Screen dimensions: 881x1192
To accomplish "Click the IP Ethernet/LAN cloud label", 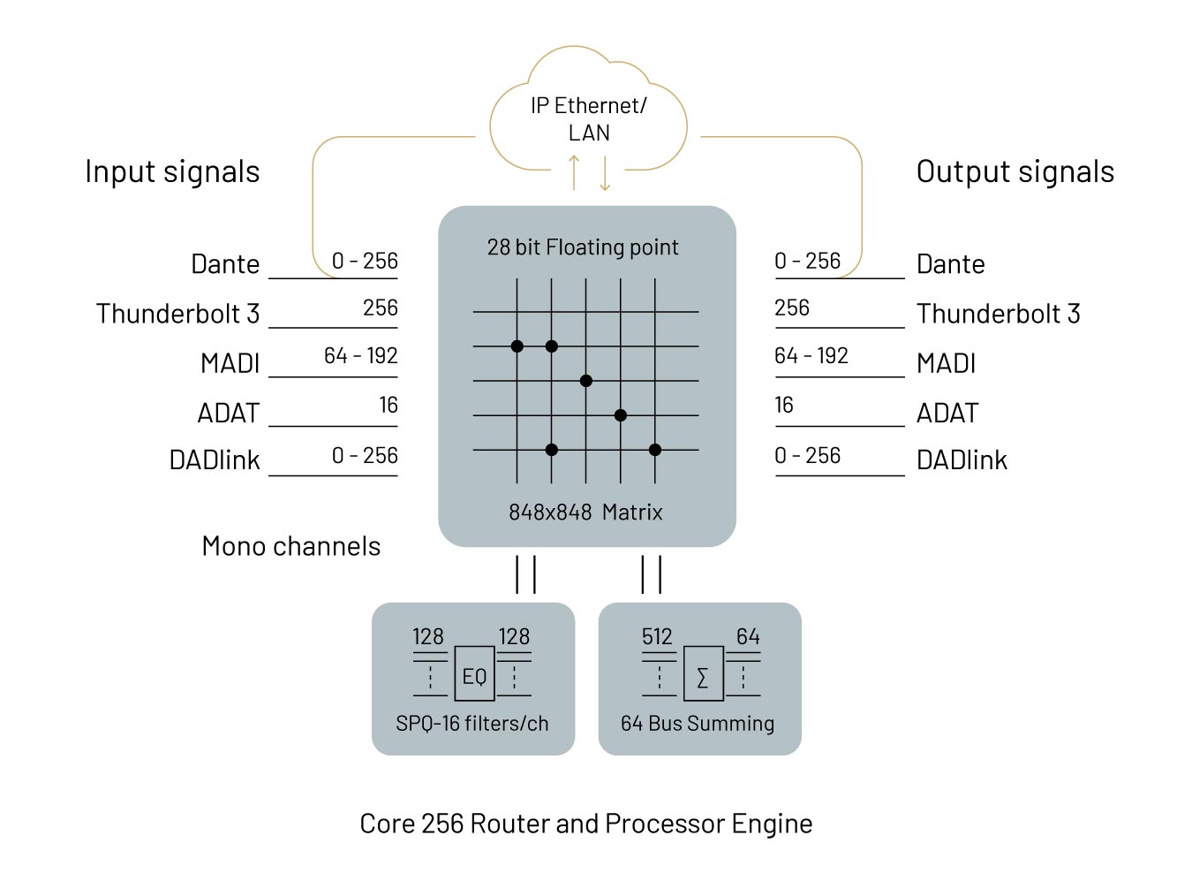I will click(589, 118).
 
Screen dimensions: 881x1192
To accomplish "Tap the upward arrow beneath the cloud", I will click(574, 171).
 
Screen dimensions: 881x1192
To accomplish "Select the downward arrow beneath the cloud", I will click(605, 172).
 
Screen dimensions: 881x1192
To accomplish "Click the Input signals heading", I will click(172, 171).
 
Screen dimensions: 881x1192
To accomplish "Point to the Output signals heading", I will click(1015, 171).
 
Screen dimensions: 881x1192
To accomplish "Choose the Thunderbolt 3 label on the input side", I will click(177, 314).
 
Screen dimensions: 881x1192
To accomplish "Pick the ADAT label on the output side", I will click(947, 413).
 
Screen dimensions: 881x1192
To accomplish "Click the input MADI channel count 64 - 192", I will click(360, 355).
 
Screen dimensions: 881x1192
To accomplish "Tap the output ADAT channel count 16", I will click(784, 405).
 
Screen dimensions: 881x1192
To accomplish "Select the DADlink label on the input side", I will click(215, 460).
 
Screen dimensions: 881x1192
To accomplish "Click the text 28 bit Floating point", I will click(583, 247).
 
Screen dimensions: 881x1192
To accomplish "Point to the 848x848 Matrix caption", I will click(585, 512).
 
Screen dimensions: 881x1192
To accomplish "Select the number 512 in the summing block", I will click(657, 636).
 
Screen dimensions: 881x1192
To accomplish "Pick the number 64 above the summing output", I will click(748, 636).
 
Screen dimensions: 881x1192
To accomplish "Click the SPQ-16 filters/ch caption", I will click(472, 724).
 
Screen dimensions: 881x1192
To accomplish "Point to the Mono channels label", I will click(291, 546).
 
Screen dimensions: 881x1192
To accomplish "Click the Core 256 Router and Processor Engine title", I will click(586, 824).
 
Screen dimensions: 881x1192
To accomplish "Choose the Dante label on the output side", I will click(951, 264).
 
